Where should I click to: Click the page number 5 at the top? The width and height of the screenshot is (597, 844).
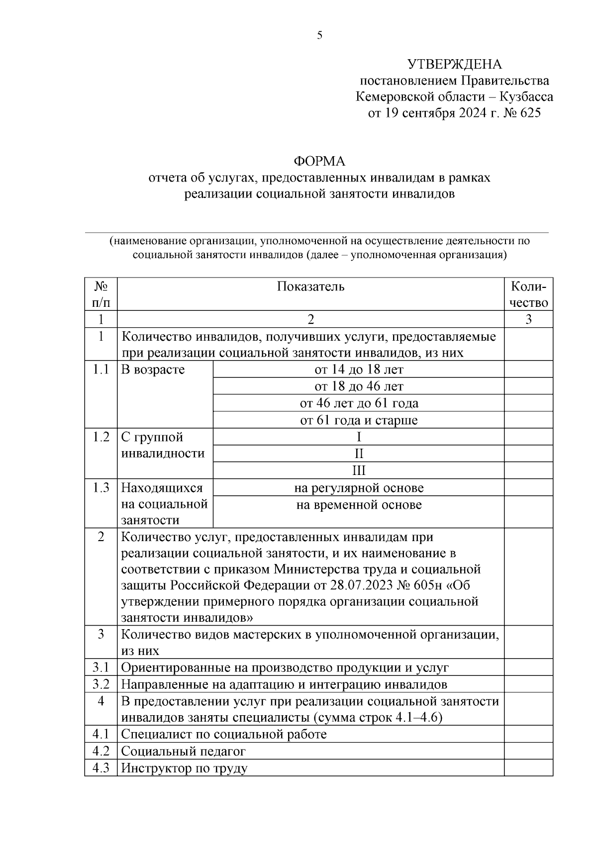pos(319,35)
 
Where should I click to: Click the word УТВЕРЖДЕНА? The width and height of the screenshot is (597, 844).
pos(454,65)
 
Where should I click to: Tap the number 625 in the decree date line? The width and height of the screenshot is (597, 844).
pos(529,113)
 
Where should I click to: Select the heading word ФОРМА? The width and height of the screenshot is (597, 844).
pos(319,162)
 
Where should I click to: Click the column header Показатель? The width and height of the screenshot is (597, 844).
pos(310,286)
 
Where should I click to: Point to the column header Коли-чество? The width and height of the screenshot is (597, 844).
pos(528,294)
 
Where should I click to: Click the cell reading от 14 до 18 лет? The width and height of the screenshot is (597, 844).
pos(358,370)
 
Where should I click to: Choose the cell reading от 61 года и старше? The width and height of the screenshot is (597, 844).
pos(358,420)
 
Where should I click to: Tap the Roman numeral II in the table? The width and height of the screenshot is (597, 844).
pos(358,454)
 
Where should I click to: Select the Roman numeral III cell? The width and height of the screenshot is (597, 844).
pos(358,470)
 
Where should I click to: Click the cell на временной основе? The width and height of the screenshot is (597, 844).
pos(358,505)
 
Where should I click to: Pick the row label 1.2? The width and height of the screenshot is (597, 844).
pos(100,437)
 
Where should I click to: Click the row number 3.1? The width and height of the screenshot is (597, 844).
pos(100,667)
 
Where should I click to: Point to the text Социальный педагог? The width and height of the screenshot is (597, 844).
pos(183,751)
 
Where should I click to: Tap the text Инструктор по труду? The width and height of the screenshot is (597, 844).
pos(184,768)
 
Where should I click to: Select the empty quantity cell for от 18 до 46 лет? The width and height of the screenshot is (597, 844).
pos(528,386)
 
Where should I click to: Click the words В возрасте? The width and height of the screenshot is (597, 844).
pos(153,370)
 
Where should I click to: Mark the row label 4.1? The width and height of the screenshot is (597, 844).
pos(100,734)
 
